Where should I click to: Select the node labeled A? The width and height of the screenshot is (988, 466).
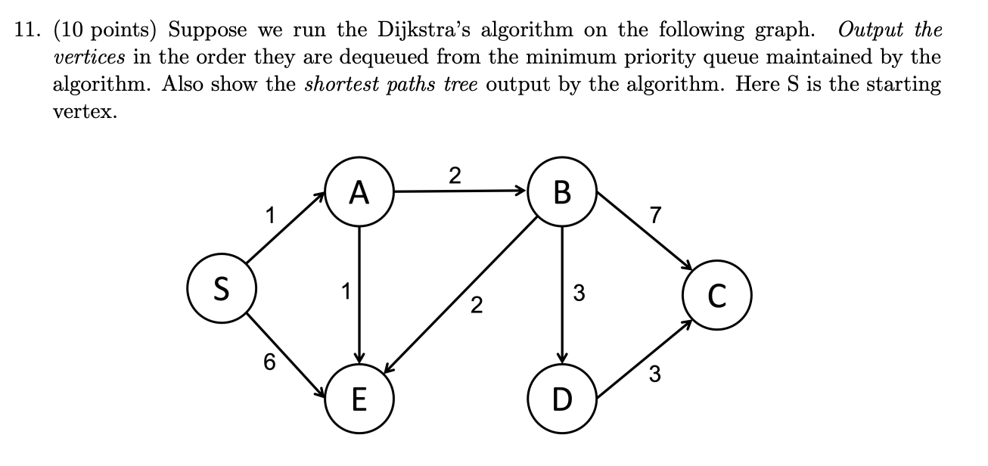point(359,194)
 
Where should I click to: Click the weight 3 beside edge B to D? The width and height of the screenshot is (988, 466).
point(579,293)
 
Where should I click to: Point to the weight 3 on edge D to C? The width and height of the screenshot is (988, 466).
point(654,373)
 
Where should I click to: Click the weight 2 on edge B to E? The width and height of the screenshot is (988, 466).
point(475,306)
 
